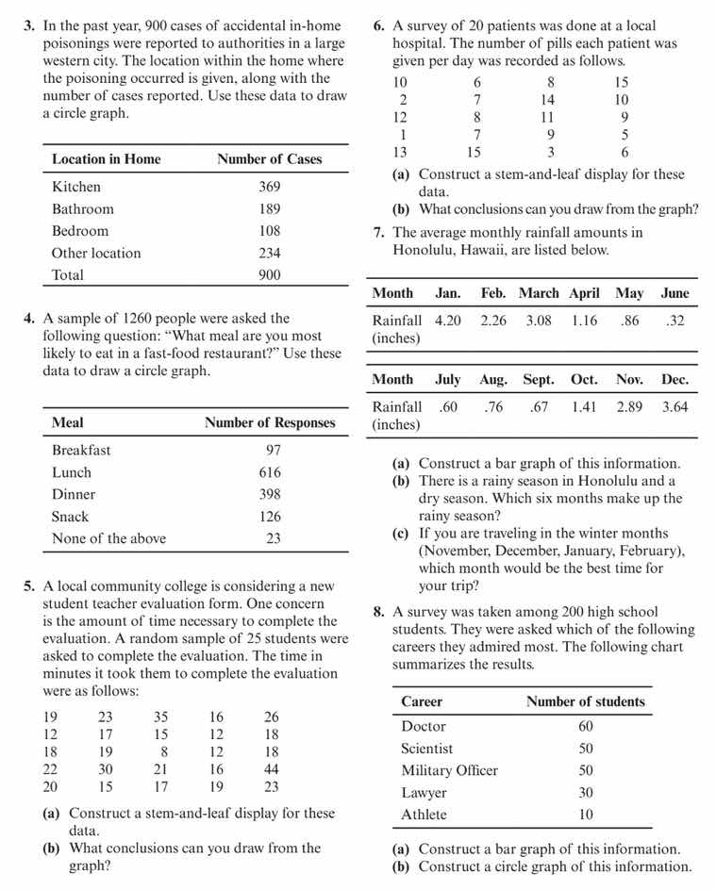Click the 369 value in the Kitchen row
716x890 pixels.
pos(270,187)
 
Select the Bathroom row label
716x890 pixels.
pos(83,209)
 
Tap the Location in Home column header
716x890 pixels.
pos(106,159)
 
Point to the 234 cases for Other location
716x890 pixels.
pos(270,253)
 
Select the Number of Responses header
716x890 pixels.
pos(270,423)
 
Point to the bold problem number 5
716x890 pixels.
pos(29,586)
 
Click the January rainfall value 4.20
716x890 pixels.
pos(448,321)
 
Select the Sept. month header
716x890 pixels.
pos(539,380)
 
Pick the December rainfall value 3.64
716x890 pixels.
pos(674,406)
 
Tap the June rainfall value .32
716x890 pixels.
pos(674,321)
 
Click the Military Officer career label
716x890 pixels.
pos(449,770)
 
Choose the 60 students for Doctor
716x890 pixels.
pos(586,726)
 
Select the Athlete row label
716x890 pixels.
pos(424,815)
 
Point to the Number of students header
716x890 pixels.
pos(586,701)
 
